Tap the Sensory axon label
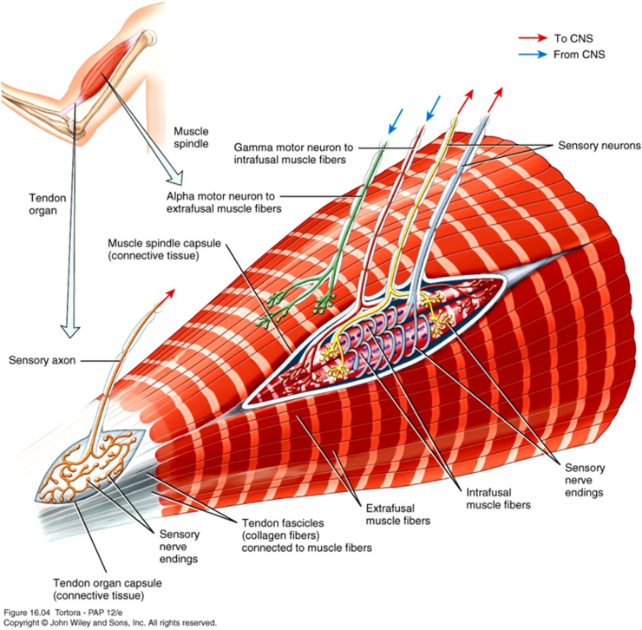(42, 358)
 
